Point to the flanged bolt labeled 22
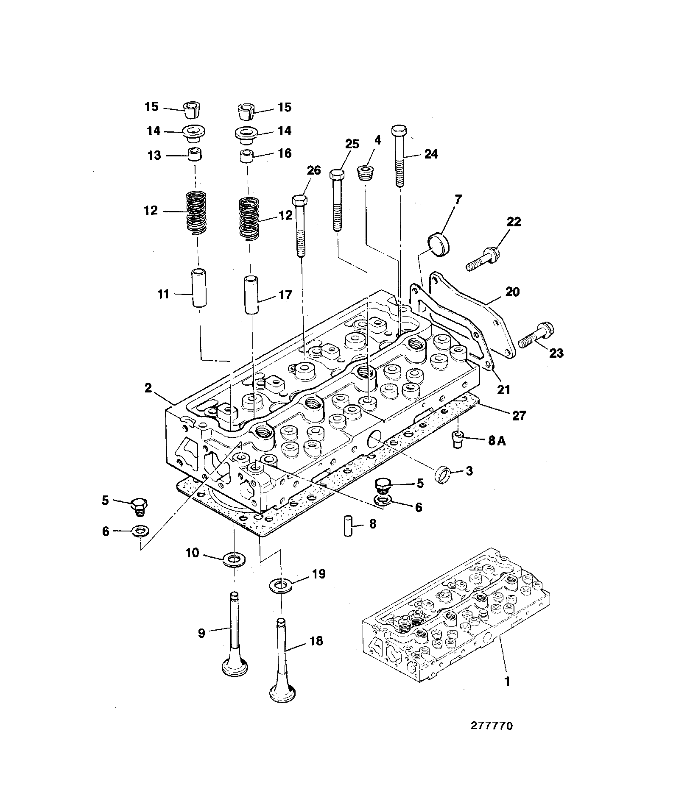click(483, 259)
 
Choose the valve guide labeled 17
click(251, 295)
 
